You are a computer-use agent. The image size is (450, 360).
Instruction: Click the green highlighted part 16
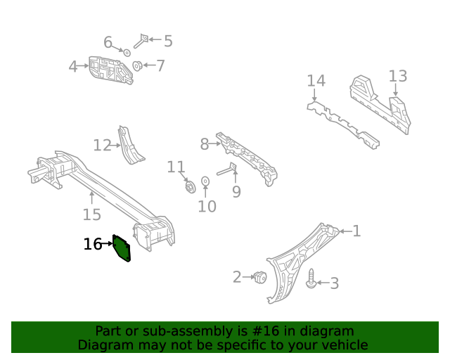[x=122, y=248]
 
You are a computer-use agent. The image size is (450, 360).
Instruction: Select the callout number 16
[x=92, y=245]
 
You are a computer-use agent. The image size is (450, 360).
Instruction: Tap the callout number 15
[x=91, y=215]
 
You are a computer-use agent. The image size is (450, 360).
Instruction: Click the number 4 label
[x=73, y=67]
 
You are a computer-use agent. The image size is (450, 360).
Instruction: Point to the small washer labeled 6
[x=127, y=53]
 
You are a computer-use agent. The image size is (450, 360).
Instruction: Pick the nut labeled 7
[x=138, y=67]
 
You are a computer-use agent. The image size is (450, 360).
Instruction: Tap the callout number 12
[x=103, y=146]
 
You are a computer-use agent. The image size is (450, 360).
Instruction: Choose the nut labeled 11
[x=188, y=186]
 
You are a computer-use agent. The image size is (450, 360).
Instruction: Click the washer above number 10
[x=205, y=181]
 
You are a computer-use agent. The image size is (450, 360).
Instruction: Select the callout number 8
[x=205, y=144]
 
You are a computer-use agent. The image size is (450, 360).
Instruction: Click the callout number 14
[x=316, y=82]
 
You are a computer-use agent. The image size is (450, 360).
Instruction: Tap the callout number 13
[x=397, y=76]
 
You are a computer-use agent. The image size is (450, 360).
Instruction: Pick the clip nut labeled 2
[x=259, y=277]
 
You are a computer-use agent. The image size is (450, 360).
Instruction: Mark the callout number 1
[x=356, y=231]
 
